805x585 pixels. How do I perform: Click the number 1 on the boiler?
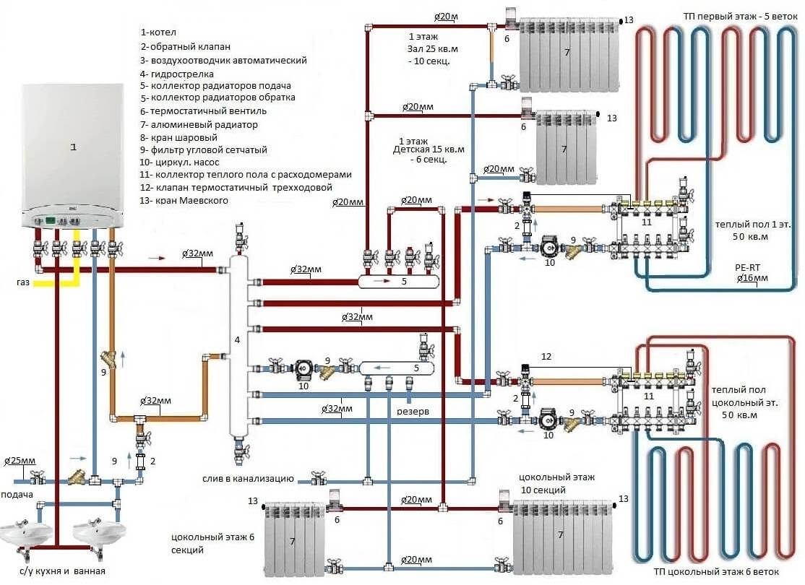point(73,147)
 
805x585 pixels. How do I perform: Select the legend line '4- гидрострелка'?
point(177,74)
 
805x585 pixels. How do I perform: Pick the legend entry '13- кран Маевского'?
point(184,200)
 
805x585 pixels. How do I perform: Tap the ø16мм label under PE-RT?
point(753,278)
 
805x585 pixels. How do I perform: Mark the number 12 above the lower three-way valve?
point(546,356)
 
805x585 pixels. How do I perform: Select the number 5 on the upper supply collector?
point(404,282)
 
